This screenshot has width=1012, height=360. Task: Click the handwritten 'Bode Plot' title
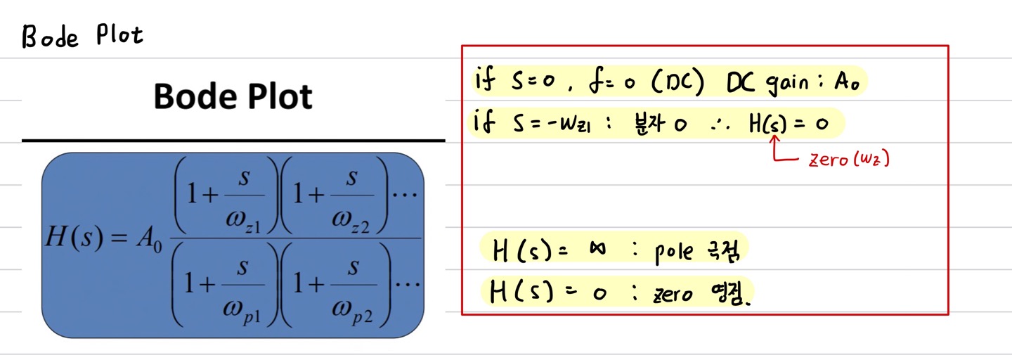(x=82, y=36)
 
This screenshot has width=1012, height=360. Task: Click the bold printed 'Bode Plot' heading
(x=233, y=96)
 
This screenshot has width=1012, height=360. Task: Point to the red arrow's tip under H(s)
(x=775, y=139)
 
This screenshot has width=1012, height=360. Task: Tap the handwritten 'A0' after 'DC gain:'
(x=848, y=82)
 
